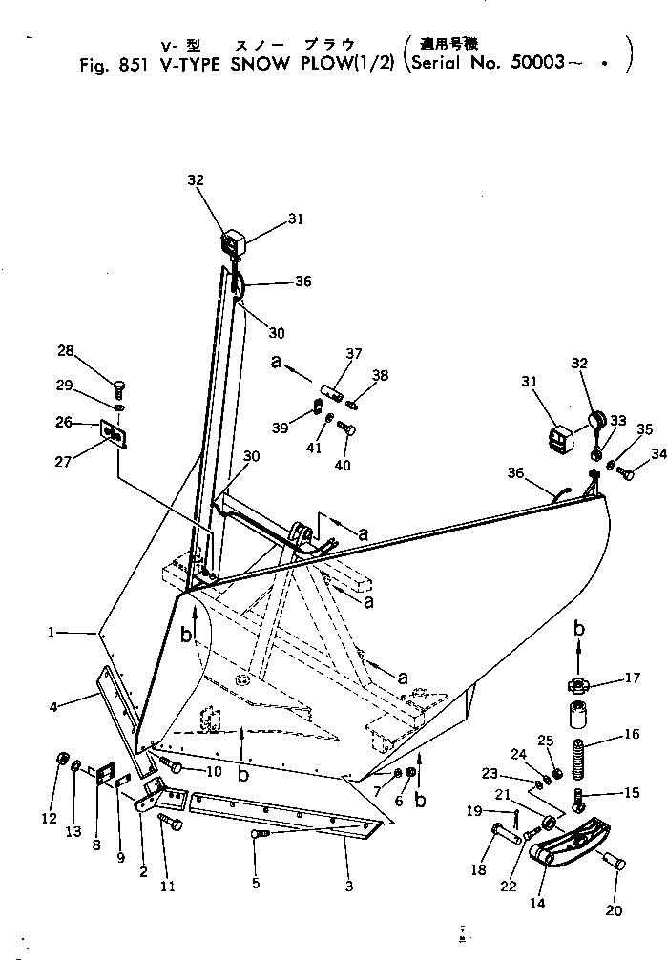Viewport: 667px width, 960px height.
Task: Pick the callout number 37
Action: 355,353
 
